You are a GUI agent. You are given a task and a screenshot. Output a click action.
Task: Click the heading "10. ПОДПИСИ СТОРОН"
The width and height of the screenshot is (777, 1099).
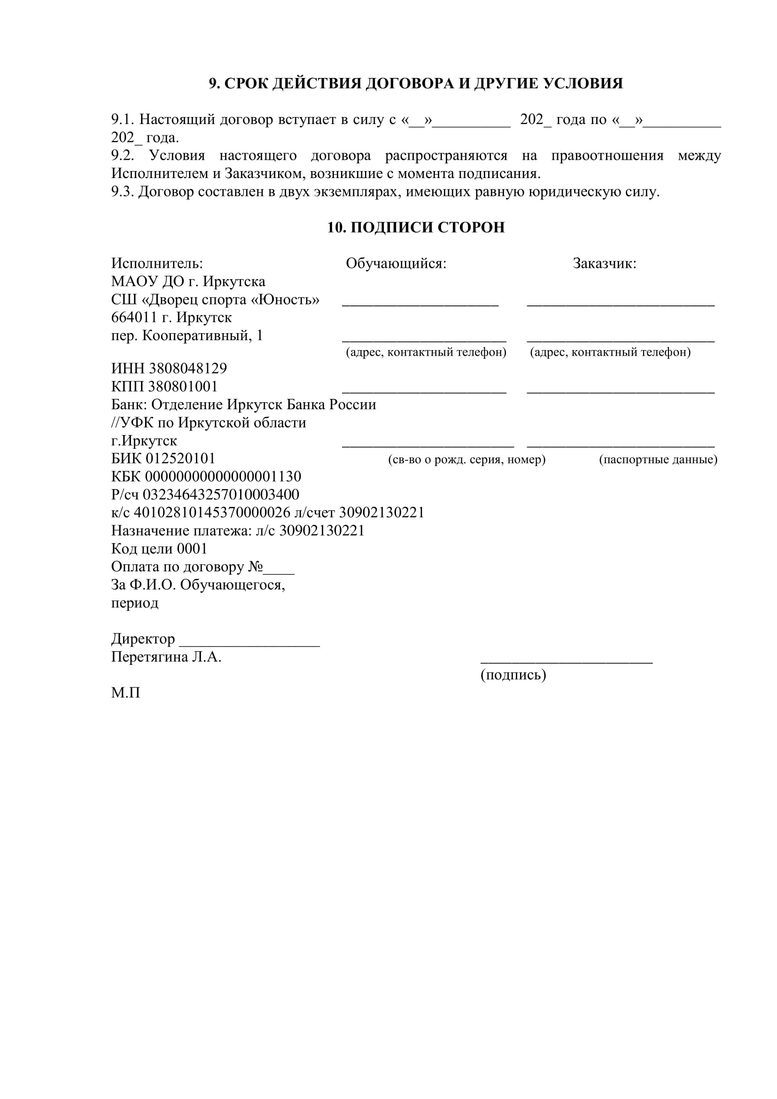point(416,227)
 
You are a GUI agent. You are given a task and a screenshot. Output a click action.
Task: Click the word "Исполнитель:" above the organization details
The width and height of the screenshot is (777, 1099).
point(157,263)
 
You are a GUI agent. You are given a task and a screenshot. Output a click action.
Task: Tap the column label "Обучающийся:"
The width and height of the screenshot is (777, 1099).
point(396,263)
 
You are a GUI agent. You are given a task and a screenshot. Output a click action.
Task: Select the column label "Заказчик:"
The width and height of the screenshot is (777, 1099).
point(604,263)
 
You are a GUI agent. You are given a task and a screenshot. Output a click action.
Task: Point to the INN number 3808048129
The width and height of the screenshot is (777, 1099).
point(188,368)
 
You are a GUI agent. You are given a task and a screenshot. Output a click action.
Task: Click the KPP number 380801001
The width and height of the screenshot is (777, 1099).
point(183,386)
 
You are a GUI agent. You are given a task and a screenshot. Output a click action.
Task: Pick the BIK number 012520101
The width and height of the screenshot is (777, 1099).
point(180,458)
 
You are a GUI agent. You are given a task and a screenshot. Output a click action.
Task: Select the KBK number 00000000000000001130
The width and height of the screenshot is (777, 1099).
point(223,476)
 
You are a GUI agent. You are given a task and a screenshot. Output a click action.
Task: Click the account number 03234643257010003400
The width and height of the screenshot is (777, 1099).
point(221,494)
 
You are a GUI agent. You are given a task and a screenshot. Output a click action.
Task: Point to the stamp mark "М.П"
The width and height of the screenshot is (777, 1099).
point(125,693)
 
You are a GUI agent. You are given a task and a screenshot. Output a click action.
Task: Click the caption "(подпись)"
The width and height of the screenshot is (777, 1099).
point(513,674)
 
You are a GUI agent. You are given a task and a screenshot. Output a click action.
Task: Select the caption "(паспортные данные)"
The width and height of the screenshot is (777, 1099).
point(658,460)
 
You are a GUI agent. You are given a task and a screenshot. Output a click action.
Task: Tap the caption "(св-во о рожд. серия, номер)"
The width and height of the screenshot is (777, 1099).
point(466,460)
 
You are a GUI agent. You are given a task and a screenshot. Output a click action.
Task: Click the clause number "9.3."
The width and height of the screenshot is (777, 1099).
point(123,192)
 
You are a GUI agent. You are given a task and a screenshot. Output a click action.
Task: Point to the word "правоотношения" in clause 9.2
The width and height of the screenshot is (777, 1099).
point(607,156)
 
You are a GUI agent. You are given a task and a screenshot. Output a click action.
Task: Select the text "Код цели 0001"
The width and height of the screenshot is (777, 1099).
point(159,548)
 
